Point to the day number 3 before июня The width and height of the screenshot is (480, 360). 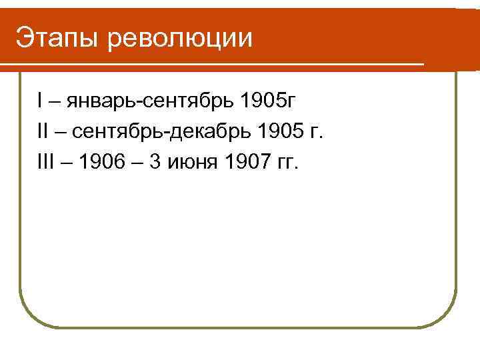coord(155,163)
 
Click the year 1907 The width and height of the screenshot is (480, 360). coord(245,163)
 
